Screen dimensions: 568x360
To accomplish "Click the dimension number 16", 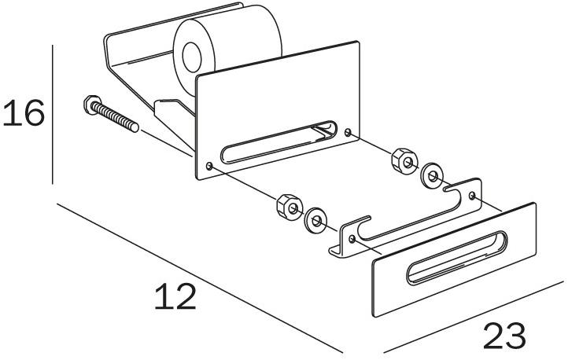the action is tap(24, 113).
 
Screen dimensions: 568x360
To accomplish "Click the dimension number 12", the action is tap(175, 296).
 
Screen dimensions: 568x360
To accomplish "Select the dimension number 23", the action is tap(504, 336).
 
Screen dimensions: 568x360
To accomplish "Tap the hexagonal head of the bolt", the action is tap(92, 105).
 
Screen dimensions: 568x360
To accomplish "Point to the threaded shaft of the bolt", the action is tap(115, 117).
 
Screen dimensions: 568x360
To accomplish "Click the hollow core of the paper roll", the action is tap(192, 57).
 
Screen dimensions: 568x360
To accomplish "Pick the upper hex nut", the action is tap(404, 161).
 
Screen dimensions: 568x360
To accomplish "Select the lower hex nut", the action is tap(290, 207).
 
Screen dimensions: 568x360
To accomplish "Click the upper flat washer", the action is tap(432, 177).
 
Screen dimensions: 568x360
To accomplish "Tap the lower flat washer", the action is tap(315, 220).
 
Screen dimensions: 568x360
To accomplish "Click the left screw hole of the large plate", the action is tap(209, 166).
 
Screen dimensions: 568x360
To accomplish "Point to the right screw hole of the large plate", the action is tap(348, 132).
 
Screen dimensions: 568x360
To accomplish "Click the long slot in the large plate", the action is tap(279, 141).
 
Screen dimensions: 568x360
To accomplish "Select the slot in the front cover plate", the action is tap(457, 257).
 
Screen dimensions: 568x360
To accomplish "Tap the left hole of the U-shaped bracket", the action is tap(352, 239).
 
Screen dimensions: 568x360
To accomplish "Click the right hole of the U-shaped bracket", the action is tap(472, 196).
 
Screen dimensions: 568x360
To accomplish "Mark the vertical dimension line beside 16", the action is tap(53, 114).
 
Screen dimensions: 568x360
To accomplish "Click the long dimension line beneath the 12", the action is tap(200, 277).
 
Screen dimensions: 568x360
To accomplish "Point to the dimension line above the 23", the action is tap(475, 316).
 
